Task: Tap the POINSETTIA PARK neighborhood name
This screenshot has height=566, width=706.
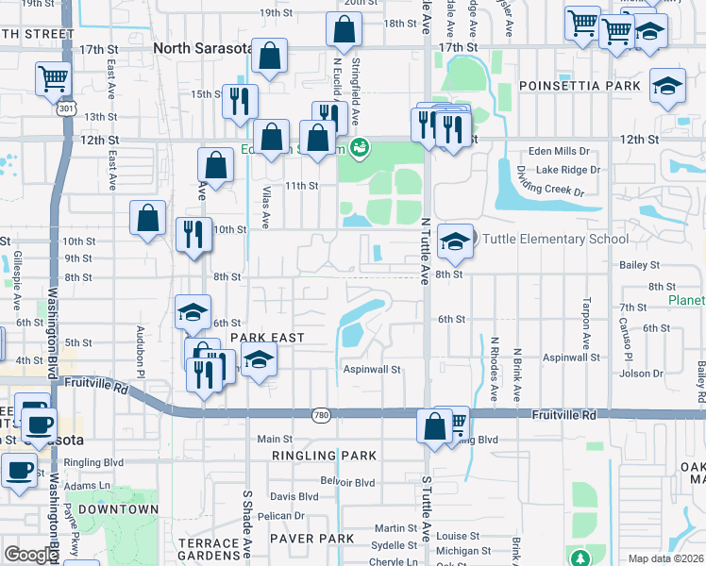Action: pos(579,86)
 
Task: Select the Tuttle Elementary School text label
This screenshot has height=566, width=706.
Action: pos(556,239)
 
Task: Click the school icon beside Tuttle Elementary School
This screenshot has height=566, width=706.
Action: pos(455,242)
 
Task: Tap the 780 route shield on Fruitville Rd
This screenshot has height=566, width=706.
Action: pos(323,414)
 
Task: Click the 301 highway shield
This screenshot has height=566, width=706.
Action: pos(65,110)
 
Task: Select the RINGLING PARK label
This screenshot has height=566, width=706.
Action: pos(324,456)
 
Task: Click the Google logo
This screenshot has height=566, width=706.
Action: pos(31,555)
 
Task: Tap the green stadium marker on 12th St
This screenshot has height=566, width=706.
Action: pos(359,147)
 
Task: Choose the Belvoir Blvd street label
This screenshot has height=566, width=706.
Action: pos(347,482)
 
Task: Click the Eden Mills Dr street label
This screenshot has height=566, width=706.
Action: pos(558,151)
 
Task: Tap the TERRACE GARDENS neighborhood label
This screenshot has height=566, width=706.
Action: pos(209,550)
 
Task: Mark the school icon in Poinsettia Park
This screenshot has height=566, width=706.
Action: pos(667,87)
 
